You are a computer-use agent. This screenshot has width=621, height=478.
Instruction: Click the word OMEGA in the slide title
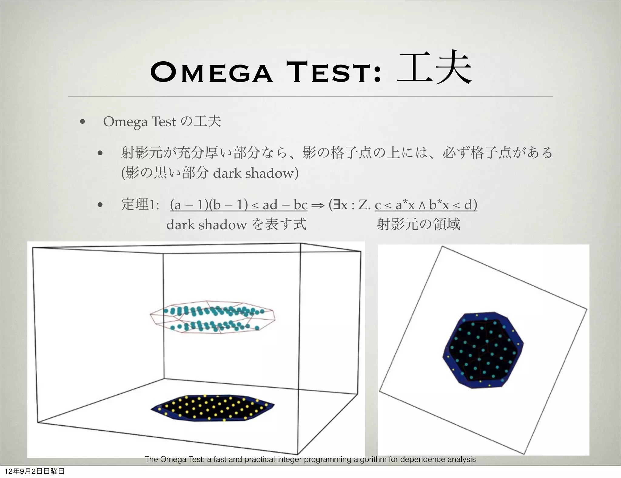211,72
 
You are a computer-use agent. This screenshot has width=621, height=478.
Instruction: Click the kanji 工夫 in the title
434,68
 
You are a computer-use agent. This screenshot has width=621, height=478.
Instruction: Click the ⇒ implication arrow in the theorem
317,205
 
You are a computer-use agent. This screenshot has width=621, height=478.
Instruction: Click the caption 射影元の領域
418,224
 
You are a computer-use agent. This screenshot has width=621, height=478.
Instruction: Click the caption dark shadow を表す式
236,224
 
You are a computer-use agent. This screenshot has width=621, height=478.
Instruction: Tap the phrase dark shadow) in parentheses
256,173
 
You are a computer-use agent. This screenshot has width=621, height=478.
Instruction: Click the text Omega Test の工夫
162,122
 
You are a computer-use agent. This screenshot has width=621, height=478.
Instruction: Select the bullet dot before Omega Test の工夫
82,123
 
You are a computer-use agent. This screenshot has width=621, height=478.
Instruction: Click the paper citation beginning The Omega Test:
310,459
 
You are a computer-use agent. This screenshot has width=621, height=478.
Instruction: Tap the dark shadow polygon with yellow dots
212,408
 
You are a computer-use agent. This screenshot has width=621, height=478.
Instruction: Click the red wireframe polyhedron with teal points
212,318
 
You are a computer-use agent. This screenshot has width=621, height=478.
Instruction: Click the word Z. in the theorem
364,205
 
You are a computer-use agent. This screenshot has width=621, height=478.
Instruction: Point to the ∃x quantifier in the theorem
340,205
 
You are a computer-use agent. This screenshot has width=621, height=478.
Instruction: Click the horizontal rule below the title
310,96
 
